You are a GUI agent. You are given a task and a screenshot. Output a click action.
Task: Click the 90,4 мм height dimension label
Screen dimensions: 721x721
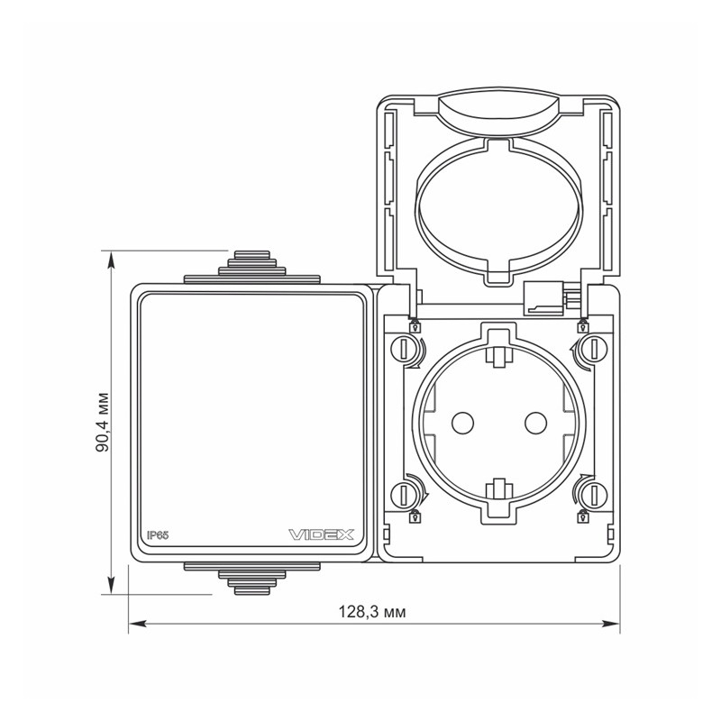[103, 422]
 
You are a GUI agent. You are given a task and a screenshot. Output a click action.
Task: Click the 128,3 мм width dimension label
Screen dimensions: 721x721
[372, 612]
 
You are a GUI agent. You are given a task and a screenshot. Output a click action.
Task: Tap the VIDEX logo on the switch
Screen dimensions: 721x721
[321, 534]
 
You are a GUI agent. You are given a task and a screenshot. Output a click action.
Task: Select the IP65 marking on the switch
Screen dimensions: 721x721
[158, 535]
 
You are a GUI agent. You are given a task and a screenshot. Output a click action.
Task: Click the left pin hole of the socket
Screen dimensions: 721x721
[462, 423]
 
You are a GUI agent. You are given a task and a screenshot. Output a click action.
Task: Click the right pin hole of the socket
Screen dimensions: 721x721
[535, 423]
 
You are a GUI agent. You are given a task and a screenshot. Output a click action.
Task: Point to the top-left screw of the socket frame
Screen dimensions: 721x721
[403, 349]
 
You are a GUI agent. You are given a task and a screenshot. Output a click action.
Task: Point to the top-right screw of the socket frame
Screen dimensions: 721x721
[594, 349]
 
